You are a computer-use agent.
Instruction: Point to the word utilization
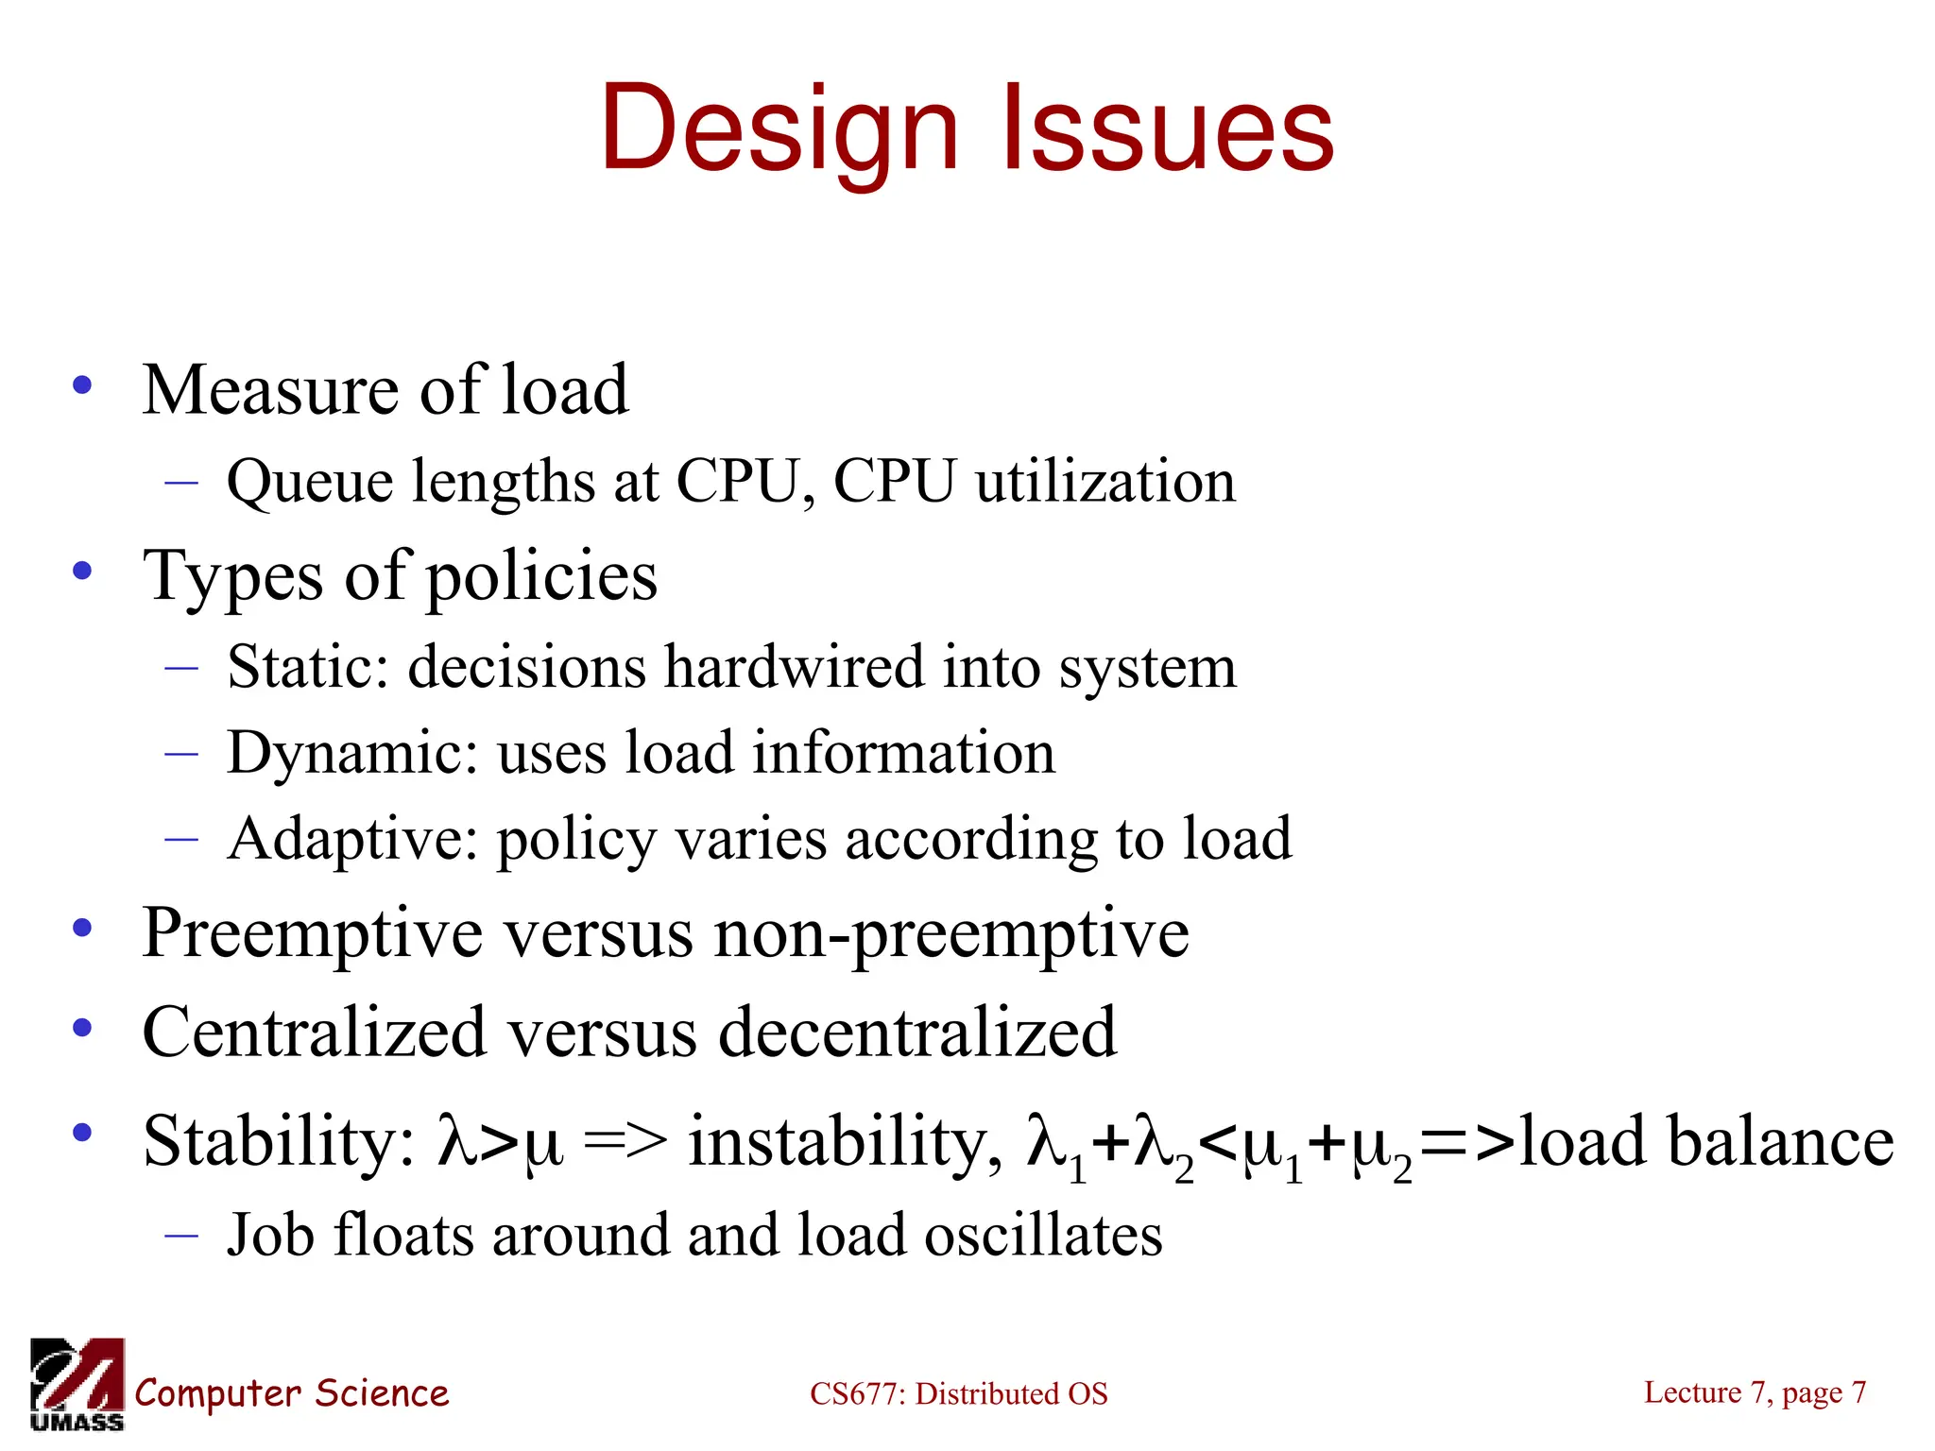tap(1105, 482)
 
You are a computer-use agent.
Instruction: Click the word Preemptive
tap(312, 933)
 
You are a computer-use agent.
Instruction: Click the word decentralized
tap(917, 1032)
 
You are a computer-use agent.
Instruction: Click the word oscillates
tap(1043, 1236)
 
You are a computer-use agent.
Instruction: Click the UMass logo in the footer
tap(77, 1384)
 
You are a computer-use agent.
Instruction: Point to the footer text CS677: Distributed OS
tap(958, 1394)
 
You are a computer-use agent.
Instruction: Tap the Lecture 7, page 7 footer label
tap(1755, 1392)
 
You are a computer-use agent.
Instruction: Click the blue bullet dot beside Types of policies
tap(83, 571)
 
